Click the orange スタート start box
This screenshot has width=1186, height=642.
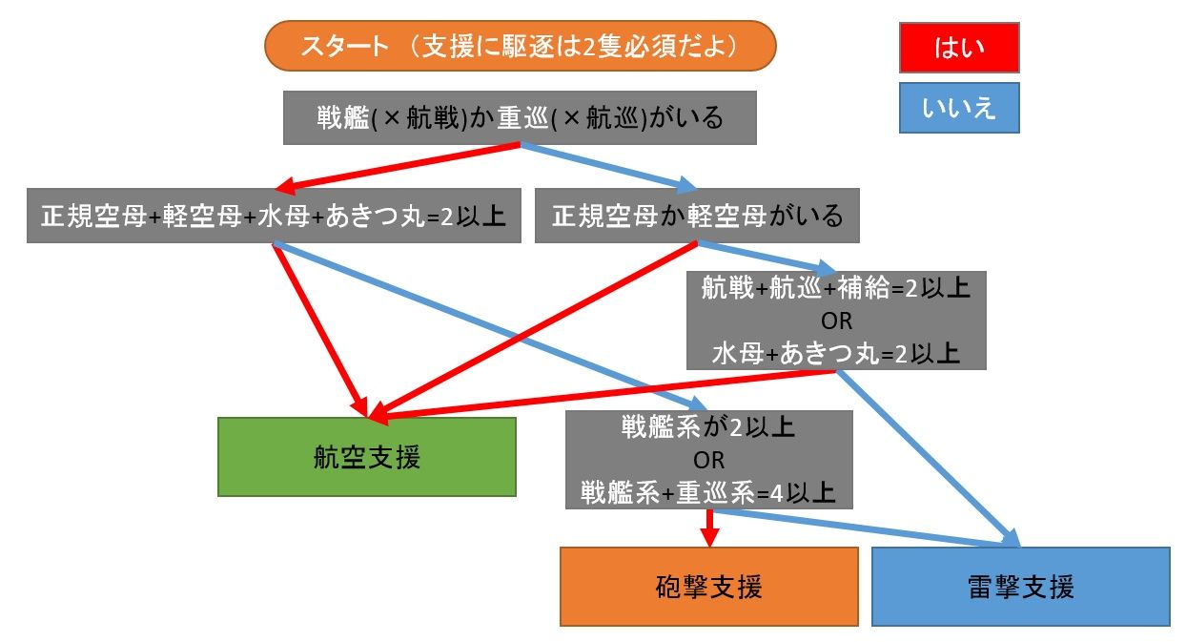520,46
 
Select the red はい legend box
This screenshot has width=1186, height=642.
959,48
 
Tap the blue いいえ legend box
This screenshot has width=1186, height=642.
959,107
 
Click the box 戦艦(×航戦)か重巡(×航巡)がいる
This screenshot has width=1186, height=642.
520,117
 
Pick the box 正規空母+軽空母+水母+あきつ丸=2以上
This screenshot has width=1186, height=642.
274,217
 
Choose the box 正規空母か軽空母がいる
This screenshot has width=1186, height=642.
697,217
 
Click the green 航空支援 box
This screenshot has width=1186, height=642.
366,457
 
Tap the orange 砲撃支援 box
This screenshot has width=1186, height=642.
709,586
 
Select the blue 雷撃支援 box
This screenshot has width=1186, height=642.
1020,586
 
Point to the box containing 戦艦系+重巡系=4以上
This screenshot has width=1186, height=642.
708,492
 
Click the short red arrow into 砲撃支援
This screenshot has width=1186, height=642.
709,528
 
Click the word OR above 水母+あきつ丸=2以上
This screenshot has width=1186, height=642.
835,321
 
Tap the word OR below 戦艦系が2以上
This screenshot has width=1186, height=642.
708,460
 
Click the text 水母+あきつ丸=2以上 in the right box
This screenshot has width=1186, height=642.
835,353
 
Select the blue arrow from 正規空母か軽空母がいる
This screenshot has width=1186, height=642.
763,258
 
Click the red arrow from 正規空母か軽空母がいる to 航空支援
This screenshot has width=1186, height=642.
534,329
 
